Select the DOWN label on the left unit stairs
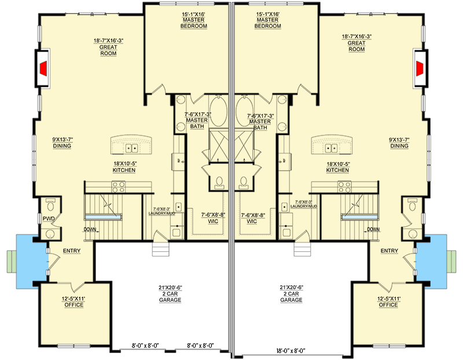click(90, 229)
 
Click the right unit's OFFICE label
click(388, 304)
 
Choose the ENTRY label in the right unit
click(389, 251)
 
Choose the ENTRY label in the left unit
click(71, 251)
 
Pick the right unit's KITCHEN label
click(337, 170)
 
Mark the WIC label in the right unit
click(251, 221)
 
